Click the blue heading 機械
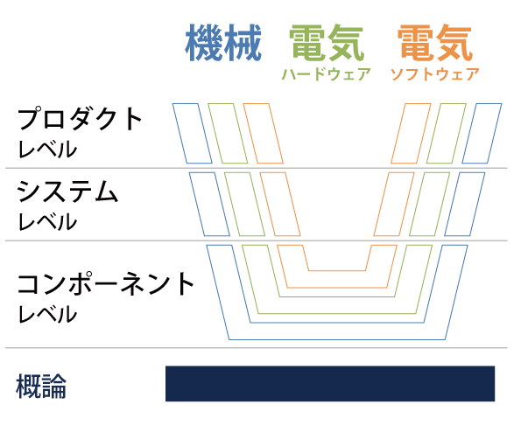223,43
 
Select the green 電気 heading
327,43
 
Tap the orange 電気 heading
435,43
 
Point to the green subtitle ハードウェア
327,74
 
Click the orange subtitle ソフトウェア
435,74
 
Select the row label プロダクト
80,119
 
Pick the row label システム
67,192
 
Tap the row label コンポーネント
106,283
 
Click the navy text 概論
41,386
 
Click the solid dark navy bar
330,384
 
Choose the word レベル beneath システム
47,221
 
